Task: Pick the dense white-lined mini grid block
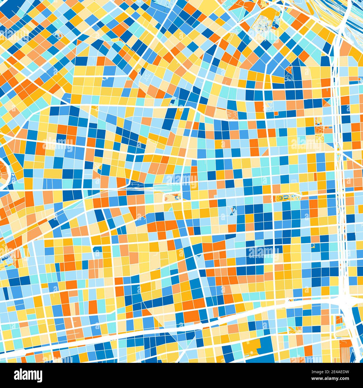click(x=264, y=22)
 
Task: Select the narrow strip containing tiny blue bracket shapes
click(x=288, y=198)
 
